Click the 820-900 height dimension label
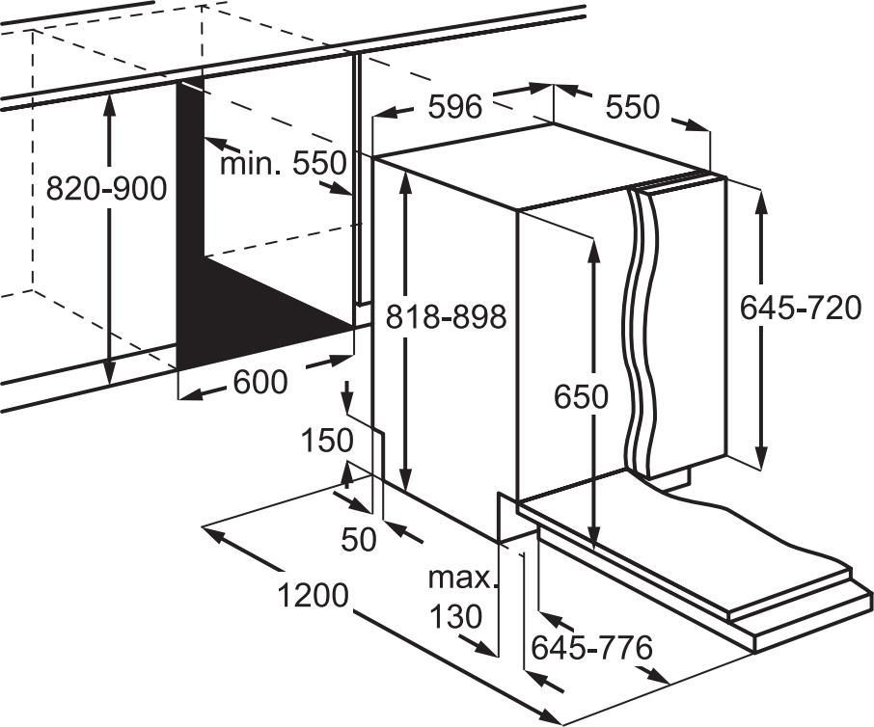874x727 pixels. tap(106, 188)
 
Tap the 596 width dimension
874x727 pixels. tap(454, 106)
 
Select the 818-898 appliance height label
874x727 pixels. tap(447, 317)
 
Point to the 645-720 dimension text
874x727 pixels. tap(801, 308)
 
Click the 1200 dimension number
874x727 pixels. tap(313, 595)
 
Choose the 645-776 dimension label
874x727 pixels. tap(591, 647)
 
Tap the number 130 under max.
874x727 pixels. tap(456, 616)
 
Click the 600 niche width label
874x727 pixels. tap(260, 382)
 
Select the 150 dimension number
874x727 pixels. tap(327, 440)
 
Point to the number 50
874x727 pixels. tap(359, 539)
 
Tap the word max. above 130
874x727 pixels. tap(461, 579)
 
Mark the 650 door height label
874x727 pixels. tap(581, 397)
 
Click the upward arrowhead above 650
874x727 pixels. tap(594, 251)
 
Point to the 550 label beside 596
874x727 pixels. tap(633, 106)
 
